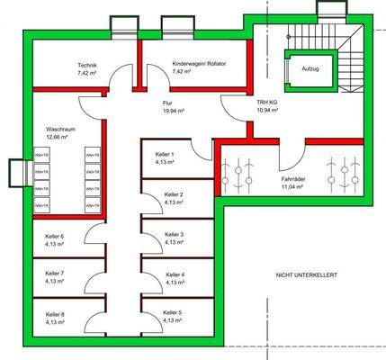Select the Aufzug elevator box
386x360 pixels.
(x=310, y=68)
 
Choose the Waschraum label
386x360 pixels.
(x=59, y=130)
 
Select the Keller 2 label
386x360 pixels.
(x=175, y=194)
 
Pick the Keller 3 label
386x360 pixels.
(x=175, y=235)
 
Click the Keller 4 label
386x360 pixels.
(x=175, y=274)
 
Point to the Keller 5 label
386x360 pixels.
(x=175, y=312)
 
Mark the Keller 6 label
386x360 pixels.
(x=55, y=235)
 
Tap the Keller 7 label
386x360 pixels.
(x=55, y=274)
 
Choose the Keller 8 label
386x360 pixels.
(x=55, y=313)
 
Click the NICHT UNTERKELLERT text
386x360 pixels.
(x=307, y=274)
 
